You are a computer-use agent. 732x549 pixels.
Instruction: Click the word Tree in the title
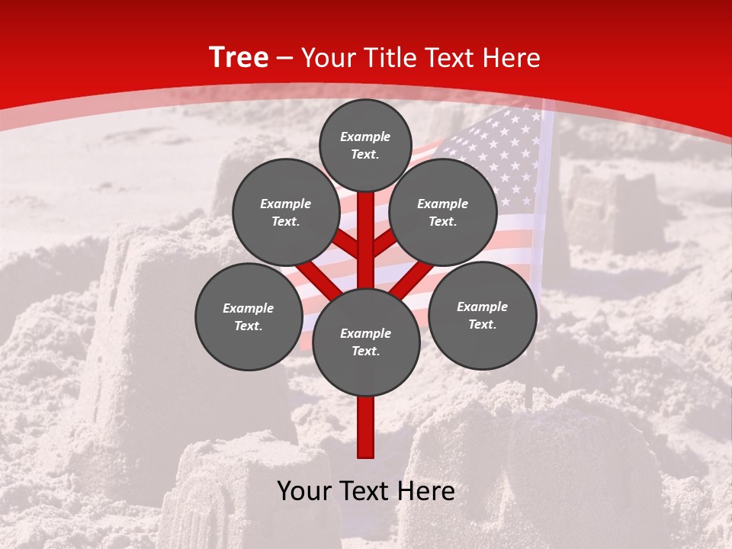tap(239, 58)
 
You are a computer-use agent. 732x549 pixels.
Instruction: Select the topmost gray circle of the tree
tap(365, 145)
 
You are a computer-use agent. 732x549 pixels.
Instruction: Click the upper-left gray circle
tap(285, 212)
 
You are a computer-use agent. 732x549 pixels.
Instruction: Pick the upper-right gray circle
tap(443, 212)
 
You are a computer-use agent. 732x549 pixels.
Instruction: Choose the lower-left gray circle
tap(249, 316)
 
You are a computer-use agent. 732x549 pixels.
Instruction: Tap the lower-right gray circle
tap(482, 315)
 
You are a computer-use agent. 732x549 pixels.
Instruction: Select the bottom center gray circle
tap(366, 342)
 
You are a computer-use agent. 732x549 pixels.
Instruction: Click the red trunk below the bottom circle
tap(366, 427)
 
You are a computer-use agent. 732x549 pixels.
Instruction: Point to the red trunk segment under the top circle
tap(366, 229)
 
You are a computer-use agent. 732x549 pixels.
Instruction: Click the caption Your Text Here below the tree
tap(366, 491)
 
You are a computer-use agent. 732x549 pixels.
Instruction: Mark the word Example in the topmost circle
tap(365, 136)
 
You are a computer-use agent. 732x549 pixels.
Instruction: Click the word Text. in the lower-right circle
tap(482, 324)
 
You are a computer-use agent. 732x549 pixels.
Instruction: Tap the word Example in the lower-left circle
tap(249, 308)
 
